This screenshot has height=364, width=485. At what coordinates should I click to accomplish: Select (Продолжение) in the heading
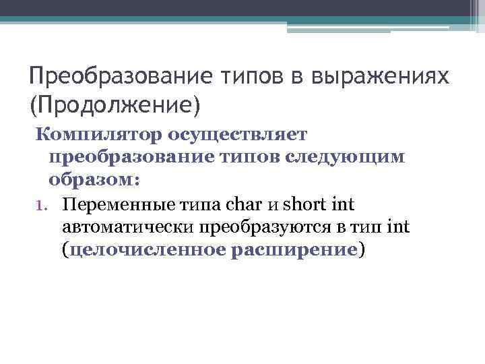(115, 104)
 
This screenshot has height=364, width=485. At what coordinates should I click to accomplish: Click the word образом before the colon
(90, 180)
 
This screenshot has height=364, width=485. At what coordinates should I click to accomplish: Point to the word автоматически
(127, 228)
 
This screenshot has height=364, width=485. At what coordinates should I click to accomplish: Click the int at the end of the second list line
(398, 228)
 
